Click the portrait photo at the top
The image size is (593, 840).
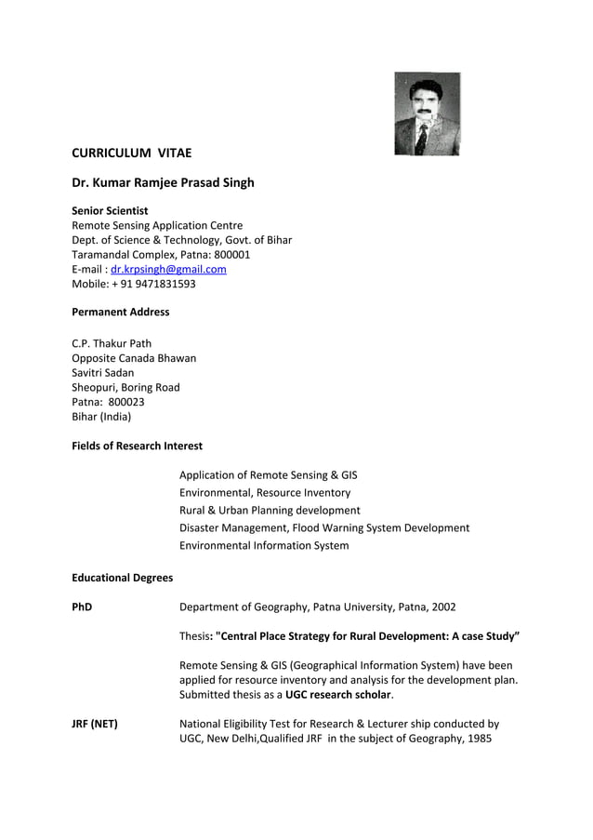(x=427, y=113)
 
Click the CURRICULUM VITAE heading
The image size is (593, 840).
(x=132, y=153)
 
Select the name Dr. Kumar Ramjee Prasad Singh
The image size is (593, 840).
(x=163, y=182)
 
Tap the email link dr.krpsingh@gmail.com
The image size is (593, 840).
(x=168, y=269)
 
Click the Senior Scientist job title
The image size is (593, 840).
(x=110, y=211)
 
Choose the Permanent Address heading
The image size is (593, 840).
(x=121, y=312)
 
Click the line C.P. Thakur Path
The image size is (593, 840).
(x=112, y=343)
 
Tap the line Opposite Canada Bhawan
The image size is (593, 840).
(x=134, y=358)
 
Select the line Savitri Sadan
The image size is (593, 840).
(x=103, y=372)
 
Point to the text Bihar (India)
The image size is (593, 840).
(x=101, y=417)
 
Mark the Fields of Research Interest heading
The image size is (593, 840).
(x=137, y=446)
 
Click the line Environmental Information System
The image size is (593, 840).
(x=264, y=545)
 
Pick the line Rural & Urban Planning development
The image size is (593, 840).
(x=270, y=510)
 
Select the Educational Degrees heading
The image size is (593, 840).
(x=122, y=578)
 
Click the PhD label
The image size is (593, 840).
(x=82, y=607)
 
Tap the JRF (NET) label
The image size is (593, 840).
(x=95, y=724)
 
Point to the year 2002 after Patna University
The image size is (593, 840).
(x=442, y=607)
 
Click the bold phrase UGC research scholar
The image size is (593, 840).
(x=338, y=694)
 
